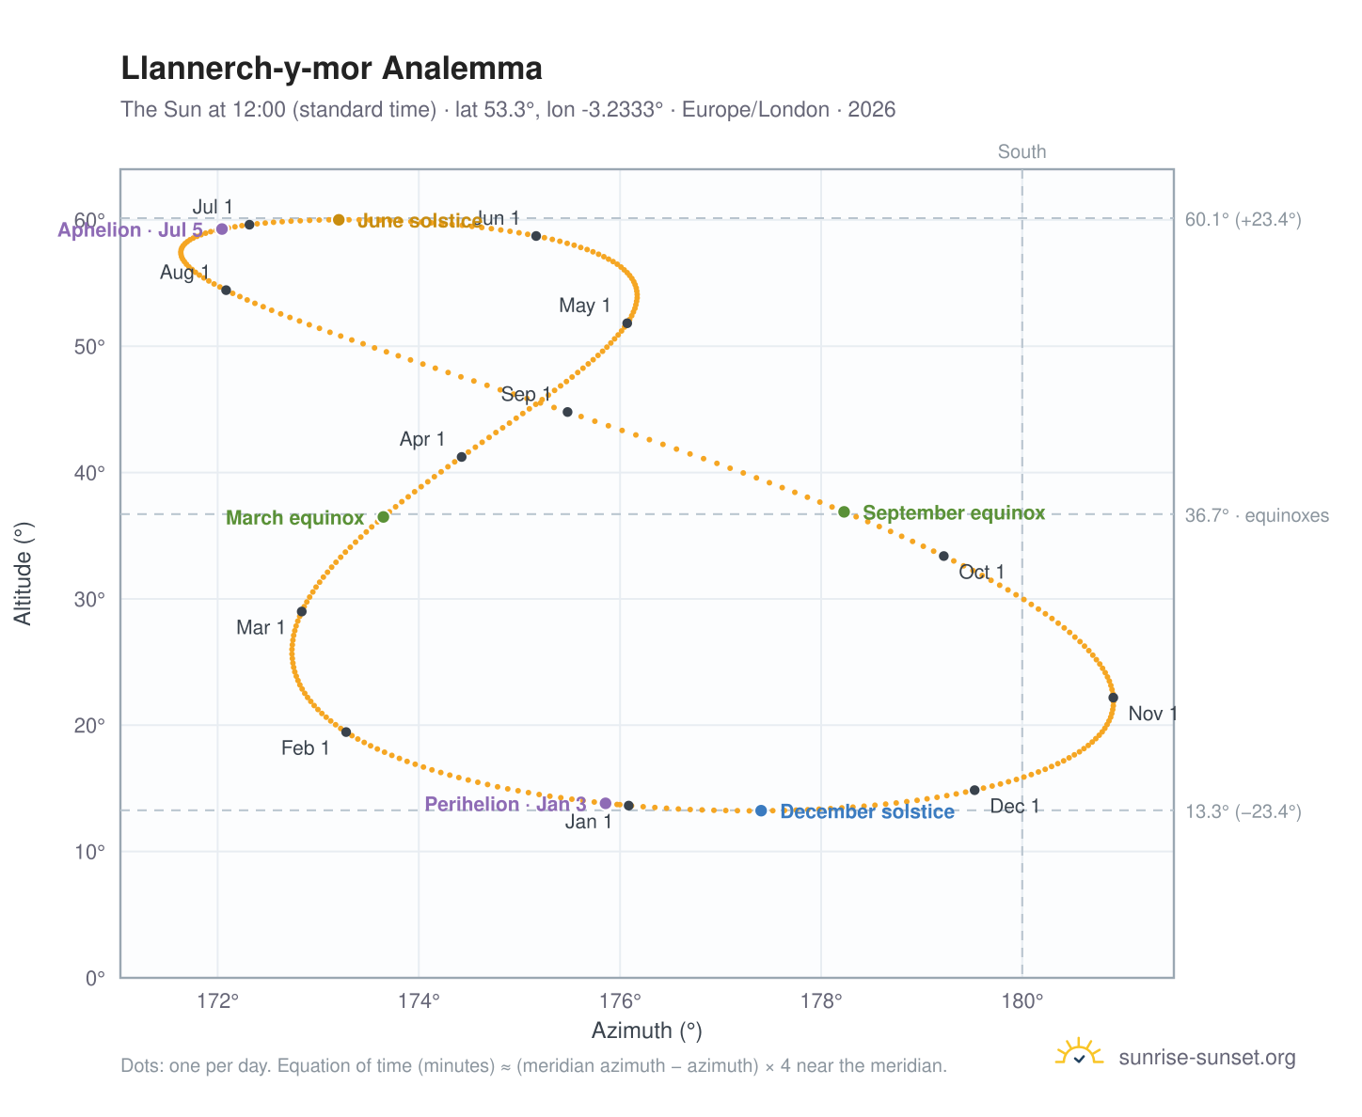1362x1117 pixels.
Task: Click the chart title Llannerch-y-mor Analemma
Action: (x=331, y=69)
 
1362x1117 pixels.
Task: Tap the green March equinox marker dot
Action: (x=383, y=516)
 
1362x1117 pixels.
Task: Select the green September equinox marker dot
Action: (x=844, y=512)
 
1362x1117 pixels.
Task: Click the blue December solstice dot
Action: (x=761, y=810)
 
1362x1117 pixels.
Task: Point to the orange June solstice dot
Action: (x=339, y=220)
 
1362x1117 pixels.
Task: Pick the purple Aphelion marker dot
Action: (x=222, y=229)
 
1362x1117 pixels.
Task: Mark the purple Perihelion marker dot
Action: (x=605, y=803)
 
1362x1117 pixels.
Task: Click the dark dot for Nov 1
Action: (x=1113, y=698)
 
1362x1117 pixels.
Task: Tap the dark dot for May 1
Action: (x=626, y=323)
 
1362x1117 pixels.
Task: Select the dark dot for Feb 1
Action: (x=346, y=732)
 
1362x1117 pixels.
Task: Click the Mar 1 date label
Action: (x=261, y=627)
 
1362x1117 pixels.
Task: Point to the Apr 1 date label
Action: (x=422, y=439)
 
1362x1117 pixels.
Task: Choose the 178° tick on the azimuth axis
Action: (x=821, y=1000)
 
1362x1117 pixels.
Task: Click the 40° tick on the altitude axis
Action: (x=89, y=473)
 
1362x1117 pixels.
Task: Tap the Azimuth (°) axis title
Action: (x=646, y=1030)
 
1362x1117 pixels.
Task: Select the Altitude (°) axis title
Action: (x=23, y=574)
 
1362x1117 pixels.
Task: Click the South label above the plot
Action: (x=1021, y=151)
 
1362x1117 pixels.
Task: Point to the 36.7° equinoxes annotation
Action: (x=1257, y=516)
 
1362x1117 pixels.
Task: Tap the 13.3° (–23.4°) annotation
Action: (x=1243, y=811)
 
